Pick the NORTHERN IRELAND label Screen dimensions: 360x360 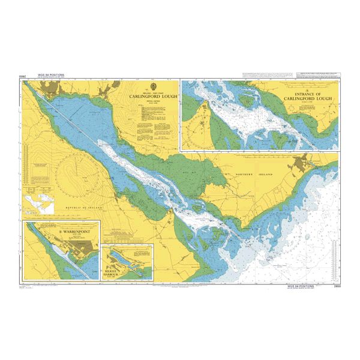(250, 174)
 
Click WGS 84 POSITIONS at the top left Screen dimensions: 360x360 (49, 75)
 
